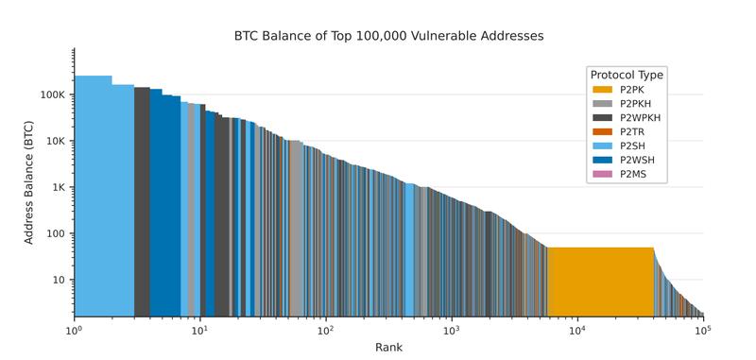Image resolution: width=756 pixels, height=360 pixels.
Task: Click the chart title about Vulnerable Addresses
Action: click(388, 36)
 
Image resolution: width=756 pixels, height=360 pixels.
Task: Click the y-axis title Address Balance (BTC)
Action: click(28, 182)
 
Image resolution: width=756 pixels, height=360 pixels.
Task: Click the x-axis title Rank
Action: click(388, 348)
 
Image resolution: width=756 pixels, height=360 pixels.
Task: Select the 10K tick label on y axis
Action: click(53, 142)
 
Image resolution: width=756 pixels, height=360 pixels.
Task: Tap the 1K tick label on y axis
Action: click(56, 188)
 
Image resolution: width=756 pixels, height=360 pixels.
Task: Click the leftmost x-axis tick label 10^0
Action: click(75, 330)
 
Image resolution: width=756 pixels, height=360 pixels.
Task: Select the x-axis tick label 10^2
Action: click(326, 330)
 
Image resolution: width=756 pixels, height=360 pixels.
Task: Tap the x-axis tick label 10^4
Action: click(577, 330)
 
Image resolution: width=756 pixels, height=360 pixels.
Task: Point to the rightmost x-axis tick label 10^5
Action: click(702, 330)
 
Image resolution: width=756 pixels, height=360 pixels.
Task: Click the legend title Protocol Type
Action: click(626, 75)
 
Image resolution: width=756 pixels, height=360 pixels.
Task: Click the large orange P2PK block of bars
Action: click(600, 282)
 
